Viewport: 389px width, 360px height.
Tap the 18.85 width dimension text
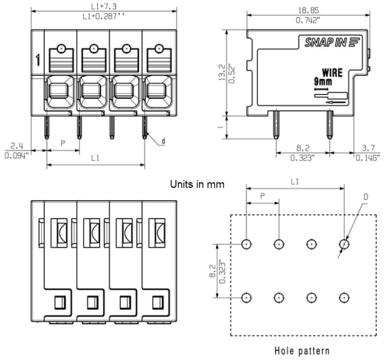point(308,10)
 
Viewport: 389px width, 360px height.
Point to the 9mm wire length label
point(322,82)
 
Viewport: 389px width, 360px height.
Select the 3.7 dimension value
point(368,148)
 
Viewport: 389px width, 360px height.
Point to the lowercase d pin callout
point(163,141)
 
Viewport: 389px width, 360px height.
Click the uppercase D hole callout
point(366,196)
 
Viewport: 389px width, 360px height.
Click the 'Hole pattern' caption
point(302,351)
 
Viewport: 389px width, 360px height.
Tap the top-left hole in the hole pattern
point(246,244)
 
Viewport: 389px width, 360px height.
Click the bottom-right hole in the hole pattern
point(345,297)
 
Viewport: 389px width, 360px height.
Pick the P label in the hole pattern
point(262,197)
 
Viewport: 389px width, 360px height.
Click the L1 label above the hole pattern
point(295,182)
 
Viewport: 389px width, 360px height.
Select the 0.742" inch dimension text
point(308,20)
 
